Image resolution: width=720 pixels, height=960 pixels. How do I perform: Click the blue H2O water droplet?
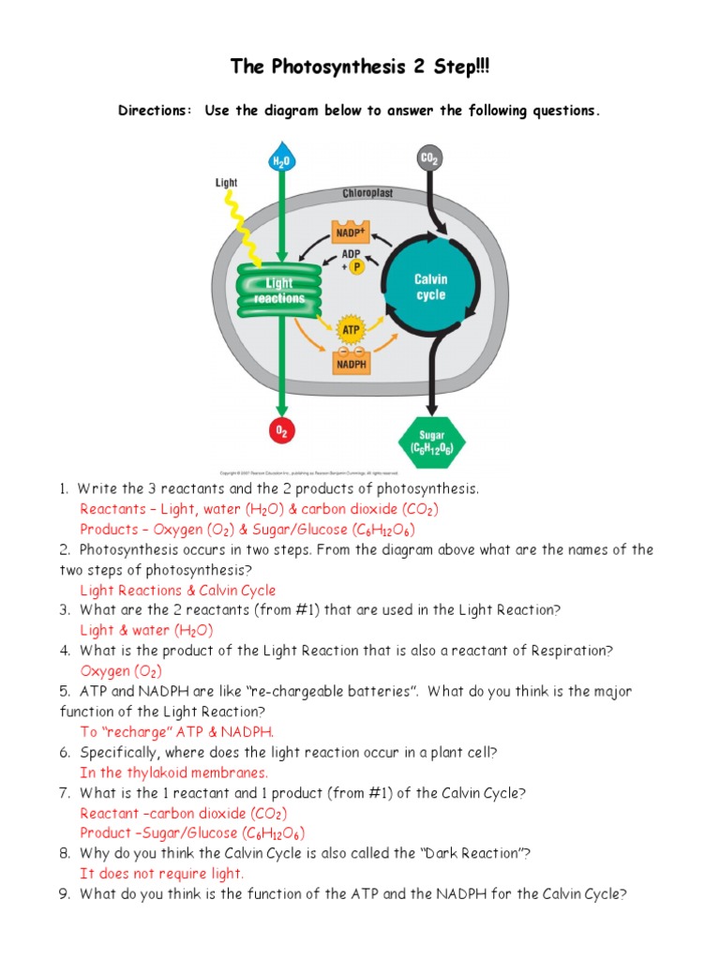coord(281,159)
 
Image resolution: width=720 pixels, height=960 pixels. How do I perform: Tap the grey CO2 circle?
coord(429,160)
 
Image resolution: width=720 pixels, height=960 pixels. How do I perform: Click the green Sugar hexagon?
coord(432,441)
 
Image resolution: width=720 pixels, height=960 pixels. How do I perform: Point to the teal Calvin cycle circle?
coord(431,287)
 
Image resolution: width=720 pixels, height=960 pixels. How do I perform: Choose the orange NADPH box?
coord(351,361)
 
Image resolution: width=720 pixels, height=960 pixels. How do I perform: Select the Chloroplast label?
coord(367,193)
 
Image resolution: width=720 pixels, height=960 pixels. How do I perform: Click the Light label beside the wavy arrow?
coord(226,183)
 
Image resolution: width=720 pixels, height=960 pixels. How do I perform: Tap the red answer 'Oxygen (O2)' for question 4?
coord(121,671)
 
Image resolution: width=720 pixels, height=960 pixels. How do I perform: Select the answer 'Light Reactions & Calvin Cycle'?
coord(178,591)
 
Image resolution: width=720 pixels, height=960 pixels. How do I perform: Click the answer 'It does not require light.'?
coord(162,874)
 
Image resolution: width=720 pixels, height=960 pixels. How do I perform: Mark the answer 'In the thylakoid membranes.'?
coord(174,773)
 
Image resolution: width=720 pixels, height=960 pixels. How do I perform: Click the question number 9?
coord(64,894)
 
